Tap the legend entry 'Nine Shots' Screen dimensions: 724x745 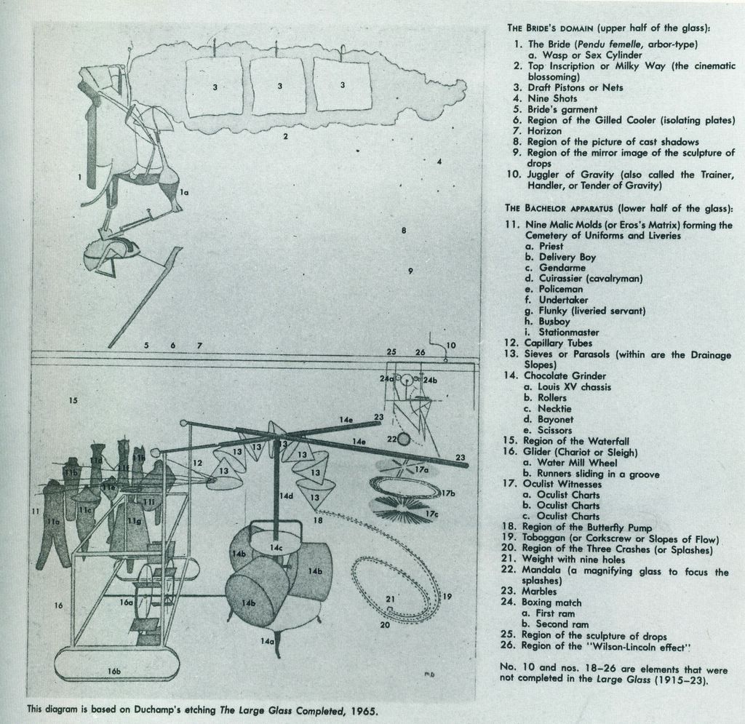(x=552, y=98)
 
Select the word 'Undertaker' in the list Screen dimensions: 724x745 (x=563, y=300)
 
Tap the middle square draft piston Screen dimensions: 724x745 (x=279, y=87)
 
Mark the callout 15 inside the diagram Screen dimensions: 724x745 (x=72, y=399)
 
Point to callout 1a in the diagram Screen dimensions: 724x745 (x=185, y=192)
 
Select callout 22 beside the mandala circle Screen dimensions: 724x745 (x=391, y=439)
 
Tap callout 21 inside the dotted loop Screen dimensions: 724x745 (x=390, y=599)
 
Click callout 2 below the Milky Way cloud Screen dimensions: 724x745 (x=285, y=136)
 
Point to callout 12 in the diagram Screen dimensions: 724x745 (x=197, y=463)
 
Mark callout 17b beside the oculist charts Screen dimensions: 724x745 (x=448, y=493)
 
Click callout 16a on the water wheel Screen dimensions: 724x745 (x=125, y=602)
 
